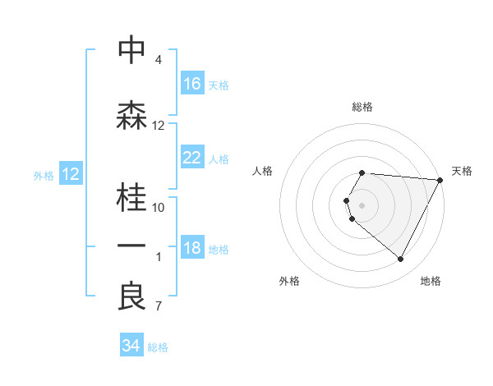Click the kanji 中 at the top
[131, 50]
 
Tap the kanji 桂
[131, 195]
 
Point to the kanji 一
[131, 246]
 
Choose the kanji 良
[131, 296]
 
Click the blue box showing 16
[192, 84]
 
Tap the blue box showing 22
[192, 158]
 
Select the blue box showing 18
[192, 249]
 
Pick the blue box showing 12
[71, 174]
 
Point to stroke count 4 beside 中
[159, 60]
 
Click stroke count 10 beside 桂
[159, 207]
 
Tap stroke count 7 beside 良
[159, 307]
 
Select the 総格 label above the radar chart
[362, 107]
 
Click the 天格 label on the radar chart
[462, 171]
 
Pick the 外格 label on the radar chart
[289, 281]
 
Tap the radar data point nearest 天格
[440, 180]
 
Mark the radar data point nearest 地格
[401, 260]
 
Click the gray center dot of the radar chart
[362, 204]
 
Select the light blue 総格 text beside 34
[158, 347]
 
